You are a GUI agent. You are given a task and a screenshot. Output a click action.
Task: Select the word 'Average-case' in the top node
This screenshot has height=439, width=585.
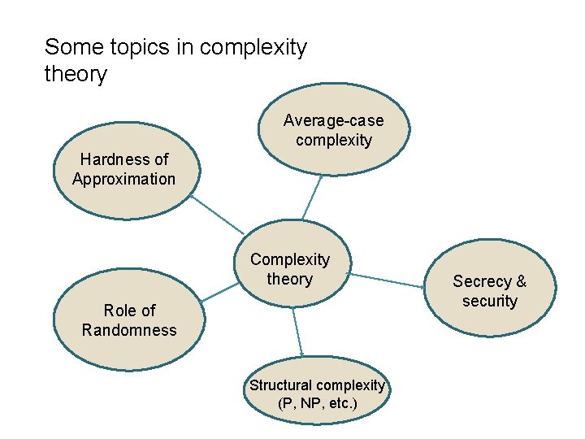333,120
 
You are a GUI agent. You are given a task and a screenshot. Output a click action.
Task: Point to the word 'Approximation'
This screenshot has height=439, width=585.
123,179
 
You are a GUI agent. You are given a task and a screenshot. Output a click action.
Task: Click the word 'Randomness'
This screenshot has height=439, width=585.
129,330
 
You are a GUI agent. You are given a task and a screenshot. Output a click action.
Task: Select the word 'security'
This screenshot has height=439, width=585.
490,301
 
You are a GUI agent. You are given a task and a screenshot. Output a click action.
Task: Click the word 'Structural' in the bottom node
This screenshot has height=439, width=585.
282,385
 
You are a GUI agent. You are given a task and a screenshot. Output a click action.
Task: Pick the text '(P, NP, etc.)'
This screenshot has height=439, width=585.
317,403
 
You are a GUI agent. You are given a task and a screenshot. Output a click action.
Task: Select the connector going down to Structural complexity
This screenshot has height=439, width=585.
297,331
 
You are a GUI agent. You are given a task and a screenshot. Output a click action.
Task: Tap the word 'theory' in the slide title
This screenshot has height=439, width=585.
76,75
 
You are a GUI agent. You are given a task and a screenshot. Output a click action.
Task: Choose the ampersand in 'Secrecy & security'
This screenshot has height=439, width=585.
521,281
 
